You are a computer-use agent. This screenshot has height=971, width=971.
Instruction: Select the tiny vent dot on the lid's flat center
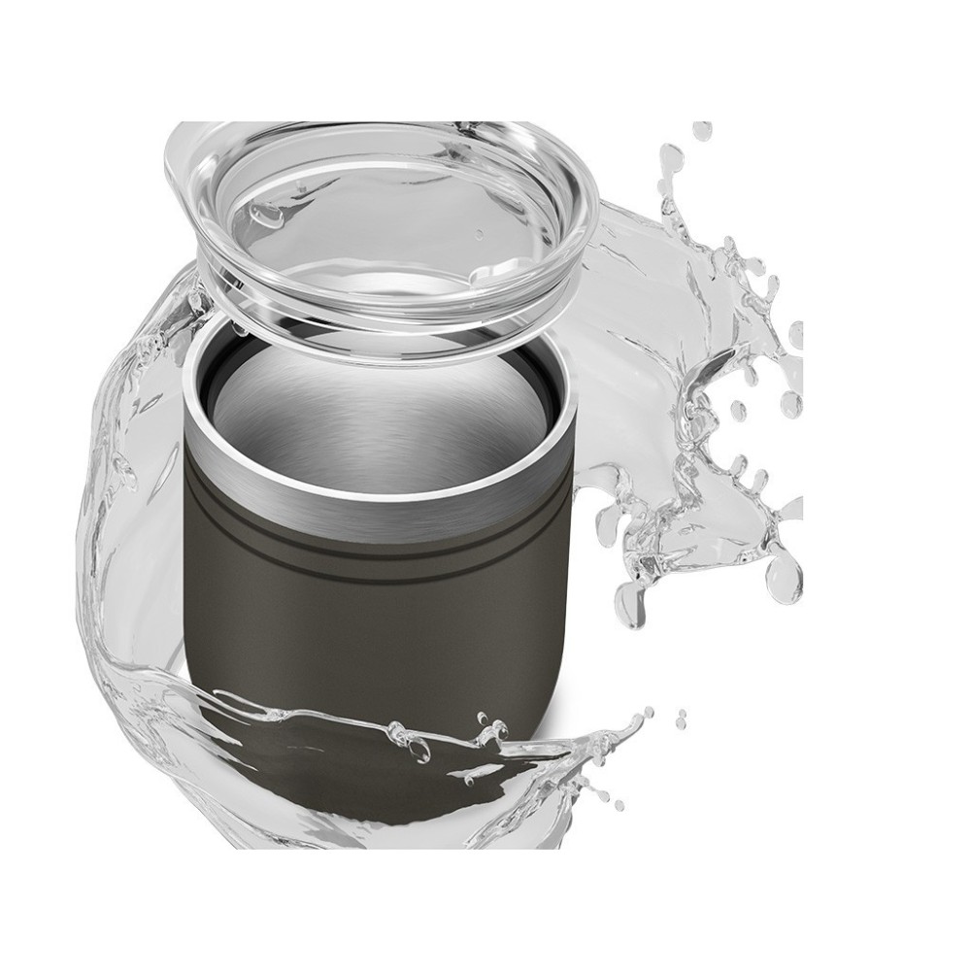click(479, 234)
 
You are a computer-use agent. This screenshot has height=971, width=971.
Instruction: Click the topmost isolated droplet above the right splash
click(702, 129)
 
